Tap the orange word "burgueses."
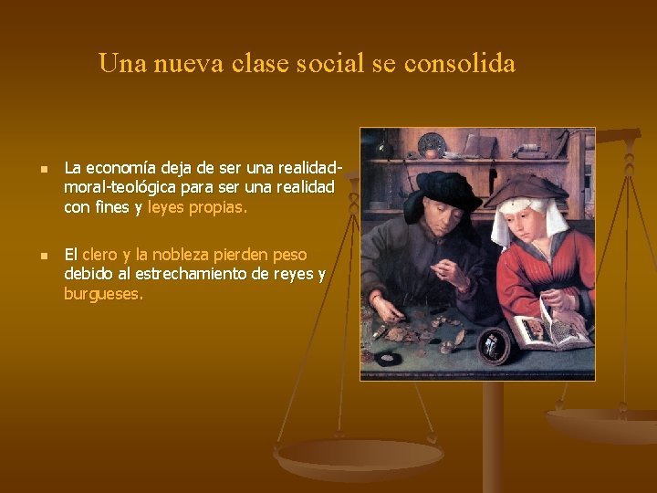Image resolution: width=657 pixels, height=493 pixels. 103,294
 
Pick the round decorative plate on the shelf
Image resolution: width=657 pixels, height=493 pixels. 432,144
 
